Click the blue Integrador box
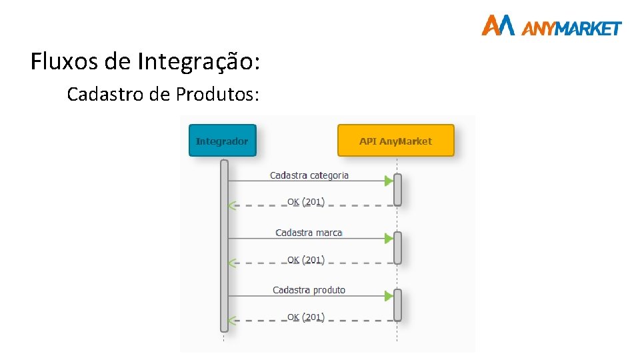[222, 141]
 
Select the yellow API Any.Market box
[395, 141]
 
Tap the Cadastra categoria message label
[309, 175]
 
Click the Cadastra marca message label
[309, 233]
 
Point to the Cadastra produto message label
[309, 290]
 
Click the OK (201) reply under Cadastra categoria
[305, 201]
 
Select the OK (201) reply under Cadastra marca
[305, 259]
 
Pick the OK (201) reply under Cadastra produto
[305, 317]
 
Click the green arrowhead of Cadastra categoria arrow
[389, 181]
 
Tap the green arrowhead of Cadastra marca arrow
[389, 238]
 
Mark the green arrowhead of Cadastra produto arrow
[389, 296]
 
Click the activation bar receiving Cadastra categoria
[397, 189]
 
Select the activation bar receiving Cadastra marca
[397, 247]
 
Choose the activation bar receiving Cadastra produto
[397, 305]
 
